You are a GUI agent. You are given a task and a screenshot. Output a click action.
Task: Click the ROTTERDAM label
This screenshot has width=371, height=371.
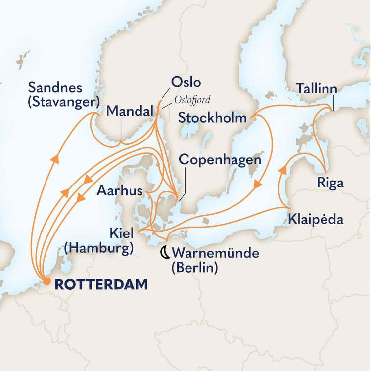(101, 284)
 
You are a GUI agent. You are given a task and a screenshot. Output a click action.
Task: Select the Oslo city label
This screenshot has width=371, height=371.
(185, 82)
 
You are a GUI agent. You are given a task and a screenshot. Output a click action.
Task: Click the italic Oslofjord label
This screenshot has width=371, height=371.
(192, 100)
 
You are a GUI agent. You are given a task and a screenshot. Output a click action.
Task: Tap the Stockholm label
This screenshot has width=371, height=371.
(213, 118)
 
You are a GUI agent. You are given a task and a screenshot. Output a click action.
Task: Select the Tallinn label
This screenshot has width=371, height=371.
(317, 89)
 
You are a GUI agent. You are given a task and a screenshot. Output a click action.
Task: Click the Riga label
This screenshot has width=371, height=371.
(330, 184)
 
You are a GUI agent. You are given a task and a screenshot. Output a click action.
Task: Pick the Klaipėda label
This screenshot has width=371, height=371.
(315, 219)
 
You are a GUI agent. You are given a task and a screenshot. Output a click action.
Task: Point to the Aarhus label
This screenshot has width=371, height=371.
(120, 190)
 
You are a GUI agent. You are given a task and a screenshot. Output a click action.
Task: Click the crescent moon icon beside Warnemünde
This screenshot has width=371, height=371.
(164, 254)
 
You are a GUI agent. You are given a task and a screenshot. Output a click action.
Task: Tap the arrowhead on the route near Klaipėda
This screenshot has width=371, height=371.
(282, 170)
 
